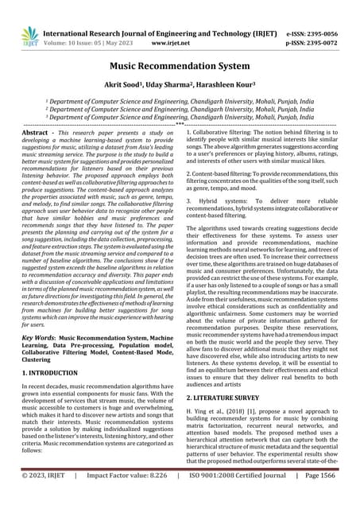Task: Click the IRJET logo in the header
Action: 29,34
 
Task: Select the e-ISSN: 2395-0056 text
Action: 315,25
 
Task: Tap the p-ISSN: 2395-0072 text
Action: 315,37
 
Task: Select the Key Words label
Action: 42,337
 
